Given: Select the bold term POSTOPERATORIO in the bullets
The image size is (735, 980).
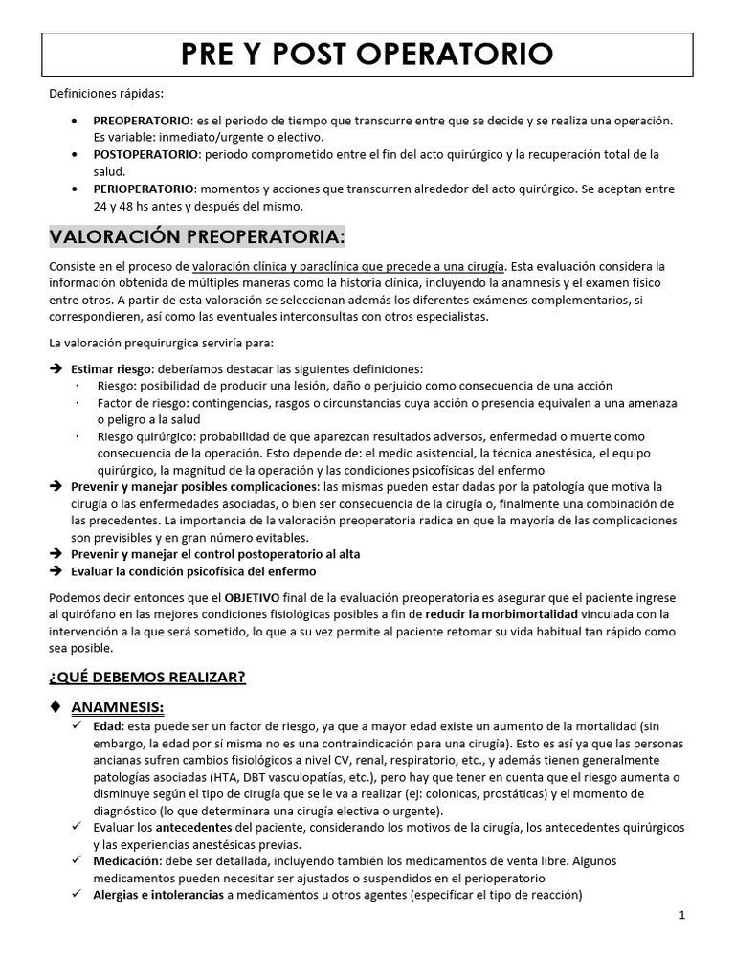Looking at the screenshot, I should [x=145, y=154].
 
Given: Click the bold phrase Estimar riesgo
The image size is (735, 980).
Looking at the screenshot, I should [x=110, y=368].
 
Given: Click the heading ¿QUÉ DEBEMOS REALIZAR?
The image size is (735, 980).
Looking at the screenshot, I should [x=147, y=677].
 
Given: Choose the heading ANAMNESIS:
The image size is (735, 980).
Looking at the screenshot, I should [x=119, y=707].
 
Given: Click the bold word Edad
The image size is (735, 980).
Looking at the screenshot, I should [x=107, y=725].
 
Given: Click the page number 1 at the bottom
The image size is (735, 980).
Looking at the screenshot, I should [x=682, y=915].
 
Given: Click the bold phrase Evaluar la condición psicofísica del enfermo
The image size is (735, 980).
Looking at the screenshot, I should [x=193, y=571].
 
